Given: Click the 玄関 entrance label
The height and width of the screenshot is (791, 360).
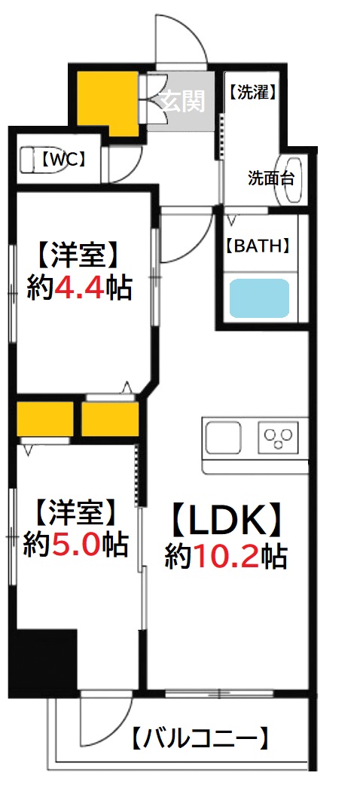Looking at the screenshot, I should [x=184, y=100].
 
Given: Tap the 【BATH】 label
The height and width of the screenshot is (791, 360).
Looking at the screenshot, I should [x=258, y=246].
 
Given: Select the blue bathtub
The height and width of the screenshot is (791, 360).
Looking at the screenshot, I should [x=259, y=298].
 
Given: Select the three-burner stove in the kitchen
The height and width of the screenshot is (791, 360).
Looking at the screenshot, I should [x=279, y=438].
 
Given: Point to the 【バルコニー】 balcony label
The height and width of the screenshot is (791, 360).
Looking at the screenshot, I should [x=200, y=738].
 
